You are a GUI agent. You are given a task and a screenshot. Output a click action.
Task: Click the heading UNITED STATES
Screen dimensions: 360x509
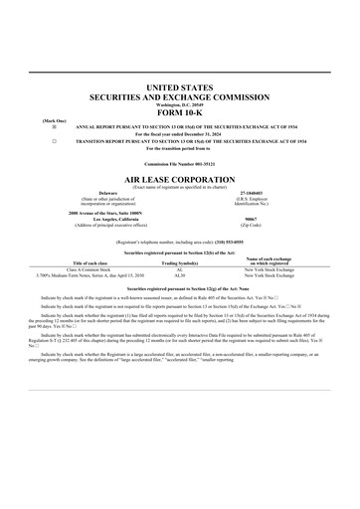coord(180,88)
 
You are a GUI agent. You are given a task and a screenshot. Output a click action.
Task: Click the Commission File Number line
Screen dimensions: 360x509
coord(180,162)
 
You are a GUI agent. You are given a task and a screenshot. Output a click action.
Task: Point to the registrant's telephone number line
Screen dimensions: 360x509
coord(180,241)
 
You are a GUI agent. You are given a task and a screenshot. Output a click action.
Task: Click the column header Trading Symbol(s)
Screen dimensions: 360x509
coord(180,261)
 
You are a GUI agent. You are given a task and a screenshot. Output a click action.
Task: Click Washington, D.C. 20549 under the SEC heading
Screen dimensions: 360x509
coord(180,104)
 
